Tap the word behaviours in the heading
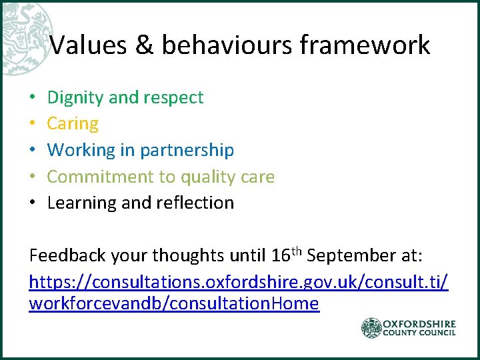coord(227,45)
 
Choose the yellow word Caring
coord(73,124)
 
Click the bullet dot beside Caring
coord(33,124)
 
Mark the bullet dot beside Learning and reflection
coord(33,203)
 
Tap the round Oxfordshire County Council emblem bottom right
coord(371,328)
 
